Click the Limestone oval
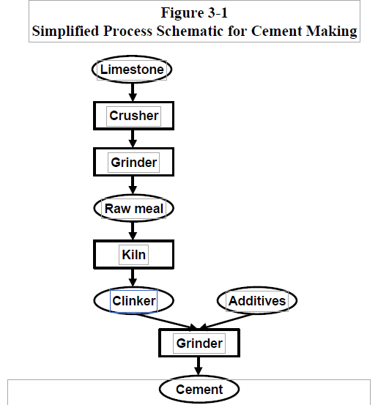click(x=132, y=70)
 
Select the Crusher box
click(x=133, y=116)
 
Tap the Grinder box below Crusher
click(x=133, y=162)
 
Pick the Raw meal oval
click(x=133, y=208)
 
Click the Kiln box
click(x=133, y=254)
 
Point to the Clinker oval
click(x=133, y=301)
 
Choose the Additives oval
click(x=257, y=301)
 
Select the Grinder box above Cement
click(x=199, y=343)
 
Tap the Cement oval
click(x=199, y=389)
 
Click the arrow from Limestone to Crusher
click(x=133, y=92)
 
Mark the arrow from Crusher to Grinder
click(x=133, y=138)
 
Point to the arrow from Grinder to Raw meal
click(x=133, y=185)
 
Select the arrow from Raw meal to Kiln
click(x=133, y=231)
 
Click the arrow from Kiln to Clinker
click(x=133, y=278)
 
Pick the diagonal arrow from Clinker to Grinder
click(x=168, y=322)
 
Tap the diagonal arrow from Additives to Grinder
click(x=226, y=321)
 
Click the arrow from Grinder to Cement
click(x=199, y=366)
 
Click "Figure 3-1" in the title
click(x=194, y=12)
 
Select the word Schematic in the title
click(x=190, y=31)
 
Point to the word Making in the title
click(x=332, y=31)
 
